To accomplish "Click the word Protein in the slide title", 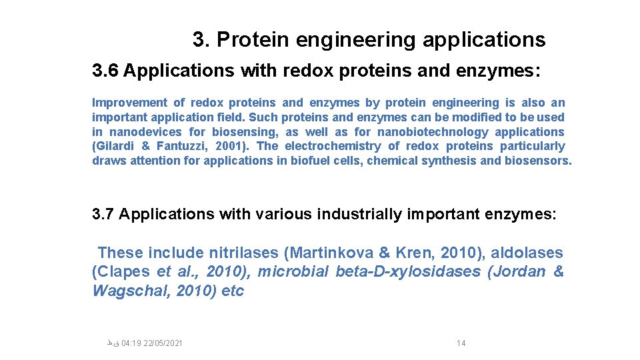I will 253,40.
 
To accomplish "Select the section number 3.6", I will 105,71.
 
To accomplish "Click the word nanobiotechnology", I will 433,132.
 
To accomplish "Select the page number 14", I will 461,343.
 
